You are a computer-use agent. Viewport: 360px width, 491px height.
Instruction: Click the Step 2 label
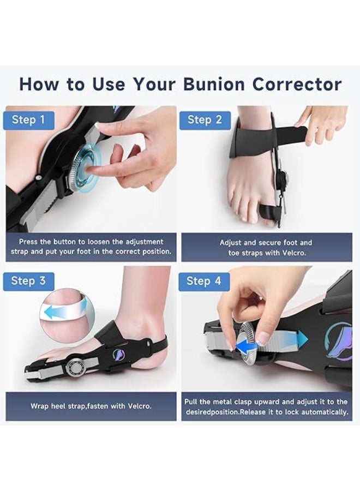click(205, 120)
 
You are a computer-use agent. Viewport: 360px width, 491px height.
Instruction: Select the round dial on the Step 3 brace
click(75, 365)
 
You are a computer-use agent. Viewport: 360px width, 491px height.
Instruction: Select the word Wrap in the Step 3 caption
click(40, 406)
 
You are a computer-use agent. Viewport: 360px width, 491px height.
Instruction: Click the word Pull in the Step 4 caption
click(191, 401)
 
